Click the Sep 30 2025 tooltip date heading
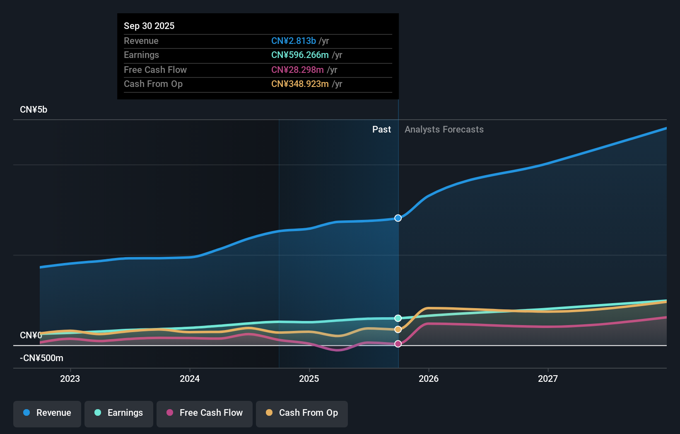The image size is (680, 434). pos(149,26)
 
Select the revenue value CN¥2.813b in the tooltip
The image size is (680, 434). pos(293,41)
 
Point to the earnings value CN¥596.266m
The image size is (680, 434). pos(300,55)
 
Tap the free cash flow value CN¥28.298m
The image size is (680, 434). pos(297,70)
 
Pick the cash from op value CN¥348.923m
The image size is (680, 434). pos(300,84)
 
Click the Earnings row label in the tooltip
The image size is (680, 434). pos(141,55)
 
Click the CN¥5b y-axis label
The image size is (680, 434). pos(34,110)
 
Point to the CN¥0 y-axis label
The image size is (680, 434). pos(31,335)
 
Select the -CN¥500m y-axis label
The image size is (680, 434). pos(41,358)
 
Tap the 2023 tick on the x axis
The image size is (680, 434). pos(70,379)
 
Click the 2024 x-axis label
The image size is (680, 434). pos(190,379)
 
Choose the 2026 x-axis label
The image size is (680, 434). pos(429,379)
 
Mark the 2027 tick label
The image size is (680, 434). pos(548,379)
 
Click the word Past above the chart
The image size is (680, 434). pos(381,130)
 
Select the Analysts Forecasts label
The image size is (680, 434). pos(444,130)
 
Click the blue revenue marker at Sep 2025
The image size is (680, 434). pos(398,218)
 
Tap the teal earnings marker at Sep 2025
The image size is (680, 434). pos(398,318)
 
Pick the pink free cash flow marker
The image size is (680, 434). pos(398,344)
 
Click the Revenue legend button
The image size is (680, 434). pos(47,413)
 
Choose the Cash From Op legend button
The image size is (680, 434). pos(302,413)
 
